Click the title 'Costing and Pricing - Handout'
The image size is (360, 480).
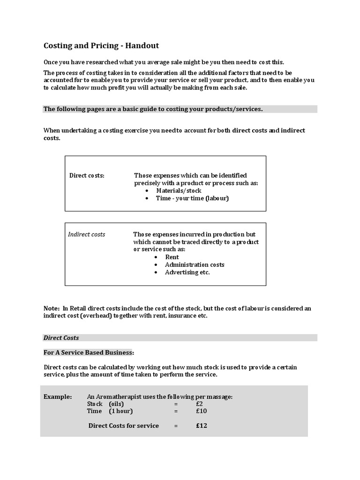pyautogui.click(x=101, y=46)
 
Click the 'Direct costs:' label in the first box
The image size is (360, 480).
pyautogui.click(x=87, y=176)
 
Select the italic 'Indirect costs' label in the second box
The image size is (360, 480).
pyautogui.click(x=87, y=234)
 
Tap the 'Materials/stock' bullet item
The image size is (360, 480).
pyautogui.click(x=179, y=191)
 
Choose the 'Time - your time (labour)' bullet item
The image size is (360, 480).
pyautogui.click(x=193, y=198)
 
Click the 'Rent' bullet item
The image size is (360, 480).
pyautogui.click(x=172, y=257)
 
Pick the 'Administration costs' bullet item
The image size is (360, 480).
pyautogui.click(x=195, y=265)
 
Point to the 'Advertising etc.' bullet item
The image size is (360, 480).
pyautogui.click(x=187, y=272)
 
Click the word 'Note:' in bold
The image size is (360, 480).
pyautogui.click(x=52, y=308)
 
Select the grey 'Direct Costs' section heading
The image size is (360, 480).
pyautogui.click(x=61, y=337)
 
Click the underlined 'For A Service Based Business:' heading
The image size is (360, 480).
pyautogui.click(x=89, y=352)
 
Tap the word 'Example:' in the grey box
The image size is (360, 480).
pyautogui.click(x=58, y=397)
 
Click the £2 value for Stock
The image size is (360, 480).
pyautogui.click(x=200, y=404)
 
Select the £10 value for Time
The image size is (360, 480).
pyautogui.click(x=202, y=411)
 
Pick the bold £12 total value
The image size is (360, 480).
pyautogui.click(x=202, y=426)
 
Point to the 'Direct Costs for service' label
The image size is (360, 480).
pyautogui.click(x=124, y=426)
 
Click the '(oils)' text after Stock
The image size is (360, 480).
pyautogui.click(x=116, y=404)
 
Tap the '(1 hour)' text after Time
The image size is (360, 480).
pyautogui.click(x=121, y=411)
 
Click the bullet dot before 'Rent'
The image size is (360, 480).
pyautogui.click(x=156, y=257)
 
